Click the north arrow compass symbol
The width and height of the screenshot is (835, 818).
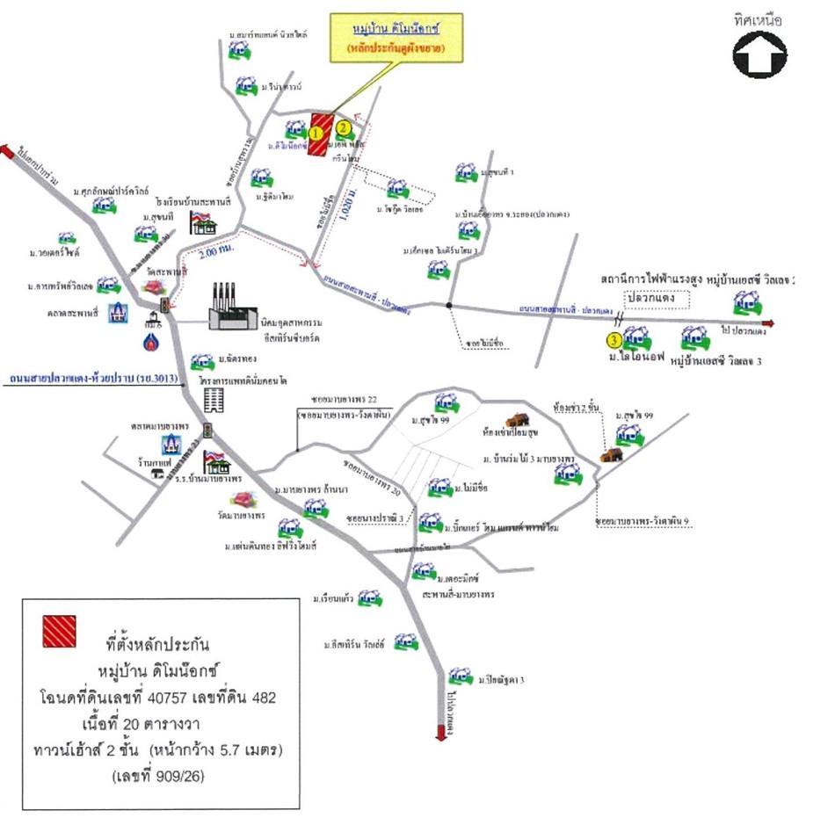(760, 54)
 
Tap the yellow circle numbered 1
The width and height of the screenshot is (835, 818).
(315, 133)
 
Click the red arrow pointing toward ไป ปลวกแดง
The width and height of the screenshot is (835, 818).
(766, 322)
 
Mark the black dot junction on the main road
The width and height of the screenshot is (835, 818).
(449, 305)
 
